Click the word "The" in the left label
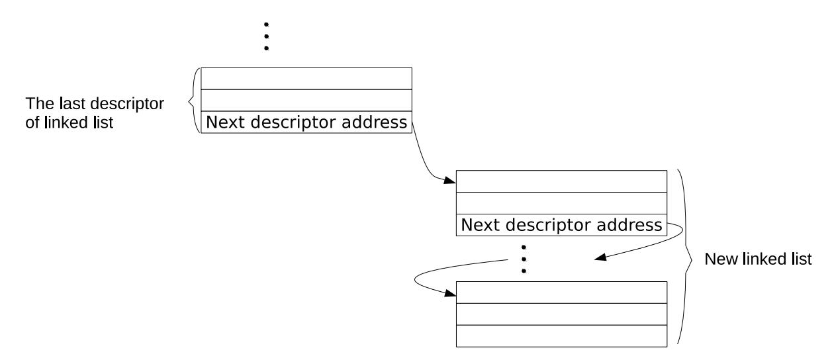click(x=40, y=103)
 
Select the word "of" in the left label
click(x=32, y=122)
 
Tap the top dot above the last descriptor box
click(x=266, y=24)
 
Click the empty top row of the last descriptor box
click(x=306, y=79)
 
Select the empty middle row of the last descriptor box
click(x=306, y=101)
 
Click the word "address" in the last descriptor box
click(x=374, y=122)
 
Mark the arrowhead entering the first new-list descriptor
click(x=450, y=181)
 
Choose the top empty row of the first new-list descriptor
click(x=561, y=181)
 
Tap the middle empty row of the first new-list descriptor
click(x=561, y=203)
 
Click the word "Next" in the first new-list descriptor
click(x=481, y=225)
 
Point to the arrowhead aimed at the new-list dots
click(x=600, y=257)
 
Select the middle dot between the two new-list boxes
click(x=524, y=259)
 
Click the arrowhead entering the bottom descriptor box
click(x=450, y=293)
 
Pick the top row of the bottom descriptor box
click(x=561, y=292)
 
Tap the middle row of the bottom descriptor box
click(x=561, y=314)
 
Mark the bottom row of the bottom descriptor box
click(x=561, y=336)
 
